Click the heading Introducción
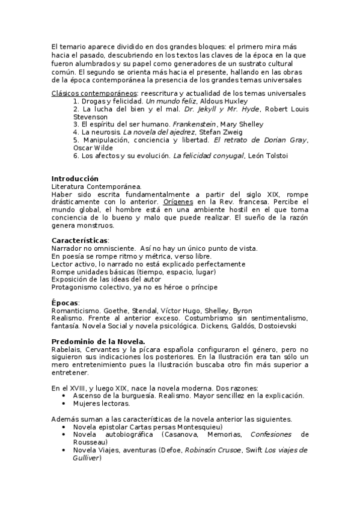point(75,179)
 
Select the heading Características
point(79,241)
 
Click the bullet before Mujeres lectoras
point(64,404)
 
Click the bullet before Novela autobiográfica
point(64,434)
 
